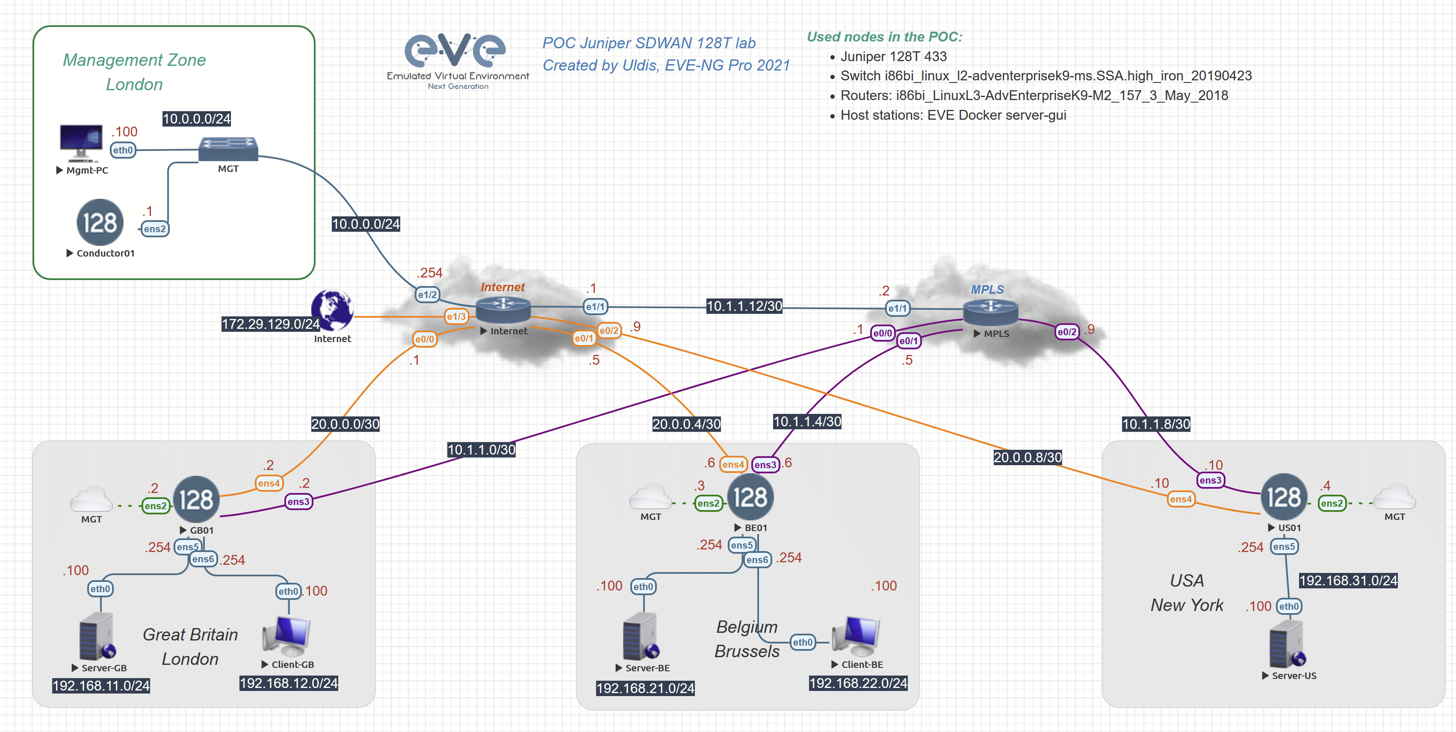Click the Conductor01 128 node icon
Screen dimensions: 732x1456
pos(100,222)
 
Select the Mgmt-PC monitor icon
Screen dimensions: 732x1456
pos(81,142)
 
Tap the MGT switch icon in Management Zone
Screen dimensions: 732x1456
pos(228,149)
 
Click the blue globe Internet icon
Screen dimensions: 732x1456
pos(332,310)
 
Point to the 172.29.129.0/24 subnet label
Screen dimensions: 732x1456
pos(270,324)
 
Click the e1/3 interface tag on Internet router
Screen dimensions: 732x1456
pos(456,316)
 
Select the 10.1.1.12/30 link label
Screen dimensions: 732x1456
pos(744,307)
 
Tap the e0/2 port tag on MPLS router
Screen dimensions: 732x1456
pos(1066,332)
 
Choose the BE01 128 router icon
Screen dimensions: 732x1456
pos(750,497)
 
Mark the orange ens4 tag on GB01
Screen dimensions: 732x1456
pos(269,483)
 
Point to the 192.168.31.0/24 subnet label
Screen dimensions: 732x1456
pos(1348,581)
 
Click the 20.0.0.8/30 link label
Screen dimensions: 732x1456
pos(1027,457)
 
